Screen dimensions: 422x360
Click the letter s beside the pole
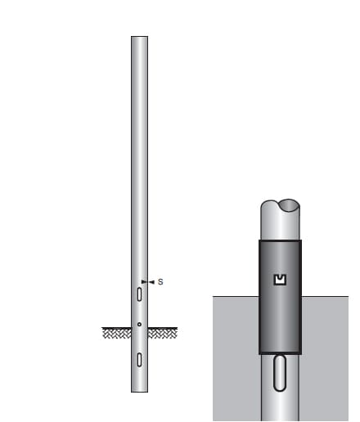coord(160,282)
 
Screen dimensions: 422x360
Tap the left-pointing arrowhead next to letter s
coord(151,282)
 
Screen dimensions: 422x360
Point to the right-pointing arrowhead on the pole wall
coord(144,282)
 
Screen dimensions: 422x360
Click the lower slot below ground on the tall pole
coord(140,358)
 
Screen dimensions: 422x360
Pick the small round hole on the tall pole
coord(140,325)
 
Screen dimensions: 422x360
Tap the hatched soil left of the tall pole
coord(116,333)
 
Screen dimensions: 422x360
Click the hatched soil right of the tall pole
coord(163,333)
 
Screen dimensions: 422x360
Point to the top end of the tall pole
coord(140,38)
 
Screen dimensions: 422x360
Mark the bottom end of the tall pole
coord(140,390)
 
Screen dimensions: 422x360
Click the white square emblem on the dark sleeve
coord(280,281)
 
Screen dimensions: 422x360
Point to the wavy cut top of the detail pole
coord(280,204)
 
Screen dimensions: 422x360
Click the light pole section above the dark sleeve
coord(280,225)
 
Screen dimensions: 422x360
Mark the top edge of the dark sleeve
coord(280,241)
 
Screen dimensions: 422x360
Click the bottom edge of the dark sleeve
coord(280,352)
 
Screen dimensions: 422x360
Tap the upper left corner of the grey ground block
coord(214,298)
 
